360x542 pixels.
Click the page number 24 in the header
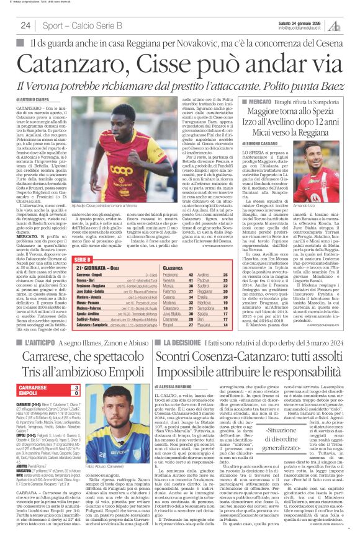(x=26, y=25)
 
